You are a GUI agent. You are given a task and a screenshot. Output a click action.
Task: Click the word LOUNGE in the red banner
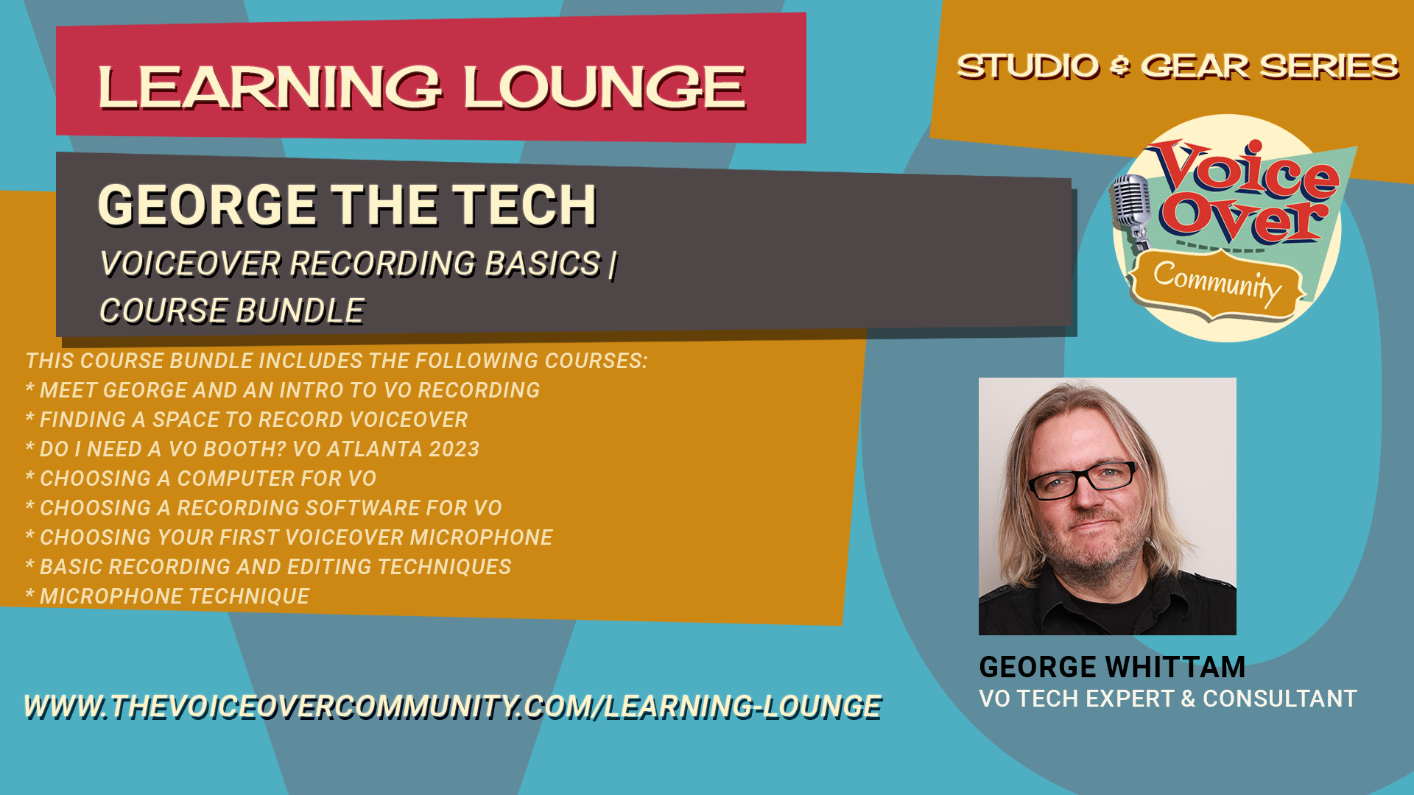(605, 88)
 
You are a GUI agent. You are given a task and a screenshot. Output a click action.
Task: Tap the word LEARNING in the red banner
(270, 88)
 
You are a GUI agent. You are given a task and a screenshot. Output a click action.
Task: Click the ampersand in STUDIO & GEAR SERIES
(1119, 67)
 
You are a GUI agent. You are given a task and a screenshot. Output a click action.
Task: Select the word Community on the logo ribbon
(1217, 283)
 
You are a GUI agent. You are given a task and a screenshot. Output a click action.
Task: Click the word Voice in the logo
(1247, 171)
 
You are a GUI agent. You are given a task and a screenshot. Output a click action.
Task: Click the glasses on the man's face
(1083, 480)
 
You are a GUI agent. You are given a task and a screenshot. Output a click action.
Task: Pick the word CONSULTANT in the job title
(1280, 699)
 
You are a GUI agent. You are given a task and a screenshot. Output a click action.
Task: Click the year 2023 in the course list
(454, 449)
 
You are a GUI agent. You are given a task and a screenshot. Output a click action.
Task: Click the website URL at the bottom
(453, 707)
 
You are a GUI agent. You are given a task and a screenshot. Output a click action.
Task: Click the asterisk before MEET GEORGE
(30, 388)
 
